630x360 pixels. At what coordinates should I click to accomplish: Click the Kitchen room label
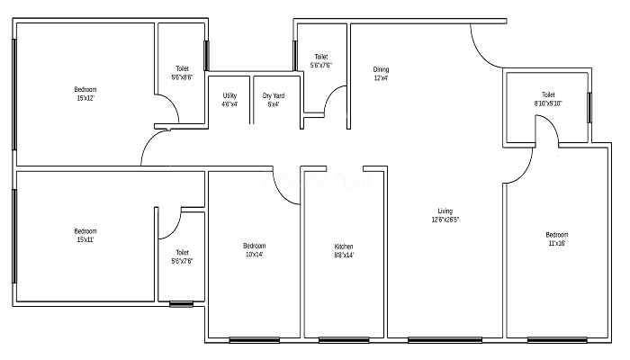pos(344,247)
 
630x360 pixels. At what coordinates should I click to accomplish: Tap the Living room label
pos(445,211)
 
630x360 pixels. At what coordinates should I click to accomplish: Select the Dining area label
pos(381,69)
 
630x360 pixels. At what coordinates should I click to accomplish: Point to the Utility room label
pos(229,95)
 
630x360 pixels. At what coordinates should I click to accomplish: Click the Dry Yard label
pos(274,95)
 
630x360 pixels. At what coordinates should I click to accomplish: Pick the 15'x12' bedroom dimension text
pos(85,98)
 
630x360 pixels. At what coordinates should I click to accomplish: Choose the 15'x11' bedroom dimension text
pos(85,240)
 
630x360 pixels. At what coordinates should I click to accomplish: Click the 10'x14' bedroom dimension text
pos(254,255)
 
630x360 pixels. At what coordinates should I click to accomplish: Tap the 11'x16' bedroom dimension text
pos(557,244)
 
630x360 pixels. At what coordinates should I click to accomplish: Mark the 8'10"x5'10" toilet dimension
pos(548,103)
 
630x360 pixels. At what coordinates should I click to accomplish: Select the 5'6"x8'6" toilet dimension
pos(182,77)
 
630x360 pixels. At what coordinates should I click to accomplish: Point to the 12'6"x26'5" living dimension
pos(445,220)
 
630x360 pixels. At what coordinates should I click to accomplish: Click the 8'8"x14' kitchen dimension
pos(344,255)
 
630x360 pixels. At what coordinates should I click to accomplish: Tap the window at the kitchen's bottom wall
pos(344,340)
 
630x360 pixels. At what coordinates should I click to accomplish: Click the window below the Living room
pos(445,340)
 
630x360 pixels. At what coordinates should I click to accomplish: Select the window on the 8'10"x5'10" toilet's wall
pos(589,108)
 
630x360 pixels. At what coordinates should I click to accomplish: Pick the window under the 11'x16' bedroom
pos(557,340)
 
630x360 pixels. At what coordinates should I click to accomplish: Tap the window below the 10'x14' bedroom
pos(255,340)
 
